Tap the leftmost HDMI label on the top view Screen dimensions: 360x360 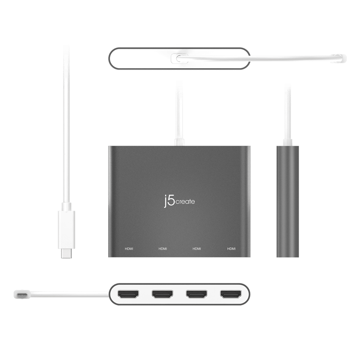pyautogui.click(x=129, y=249)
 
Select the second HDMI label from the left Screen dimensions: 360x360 pyautogui.click(x=163, y=249)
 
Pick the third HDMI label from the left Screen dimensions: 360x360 pyautogui.click(x=197, y=249)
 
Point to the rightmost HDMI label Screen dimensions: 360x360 pyautogui.click(x=231, y=249)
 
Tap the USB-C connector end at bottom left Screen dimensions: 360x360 pyautogui.click(x=20, y=294)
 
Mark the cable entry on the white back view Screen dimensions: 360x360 pyautogui.click(x=180, y=59)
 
